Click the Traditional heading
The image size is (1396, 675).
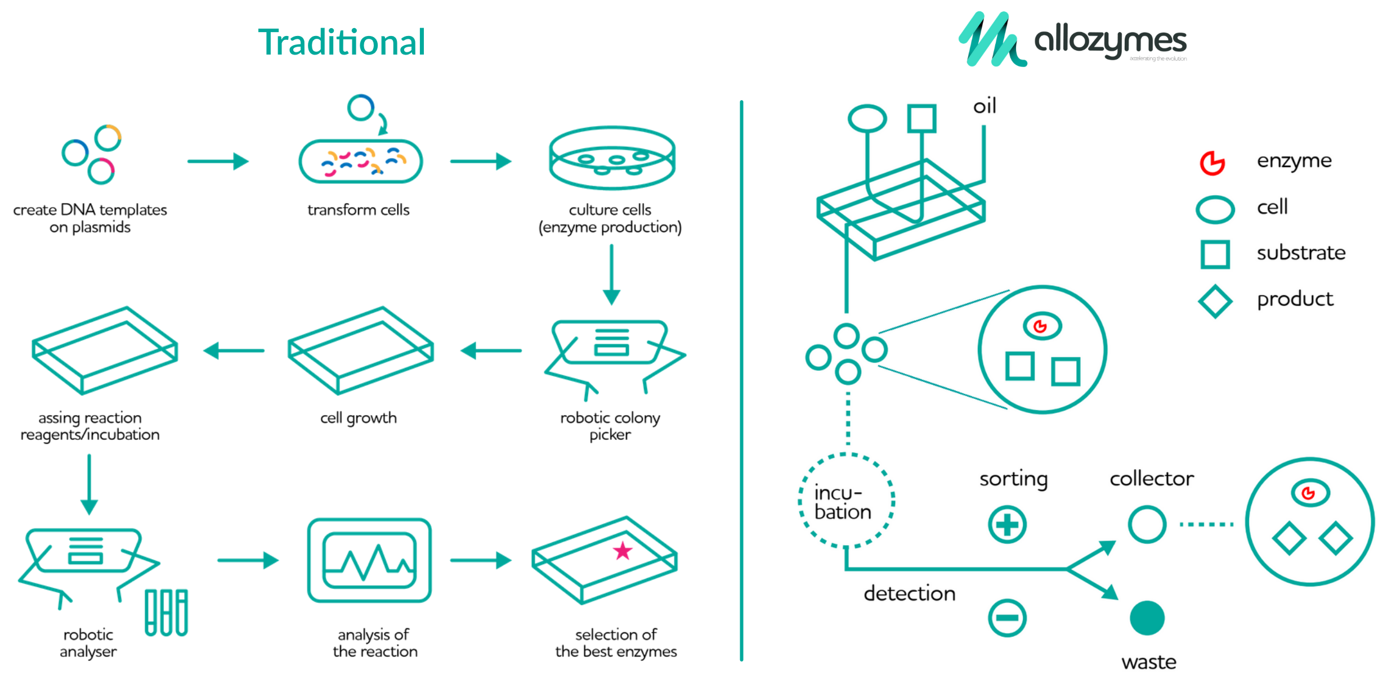[342, 42]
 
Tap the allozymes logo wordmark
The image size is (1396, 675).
[1110, 40]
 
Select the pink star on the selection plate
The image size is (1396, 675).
[623, 551]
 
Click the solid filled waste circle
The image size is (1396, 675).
[1147, 618]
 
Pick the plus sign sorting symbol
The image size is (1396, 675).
[1007, 525]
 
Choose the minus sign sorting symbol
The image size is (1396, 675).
[1007, 618]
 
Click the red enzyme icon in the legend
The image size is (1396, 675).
[1212, 163]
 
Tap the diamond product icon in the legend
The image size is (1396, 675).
[1215, 301]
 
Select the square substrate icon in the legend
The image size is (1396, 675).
[1215, 254]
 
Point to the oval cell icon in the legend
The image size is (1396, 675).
[1215, 209]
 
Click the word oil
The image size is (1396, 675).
[985, 106]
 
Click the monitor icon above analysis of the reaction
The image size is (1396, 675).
[369, 560]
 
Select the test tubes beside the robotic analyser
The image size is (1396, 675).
[166, 613]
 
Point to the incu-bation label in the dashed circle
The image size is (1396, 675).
[843, 502]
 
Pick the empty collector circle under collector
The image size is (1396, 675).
[1147, 524]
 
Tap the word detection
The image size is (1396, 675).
[910, 593]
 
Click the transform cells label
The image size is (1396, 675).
[358, 210]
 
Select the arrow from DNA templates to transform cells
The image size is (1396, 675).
[218, 161]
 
